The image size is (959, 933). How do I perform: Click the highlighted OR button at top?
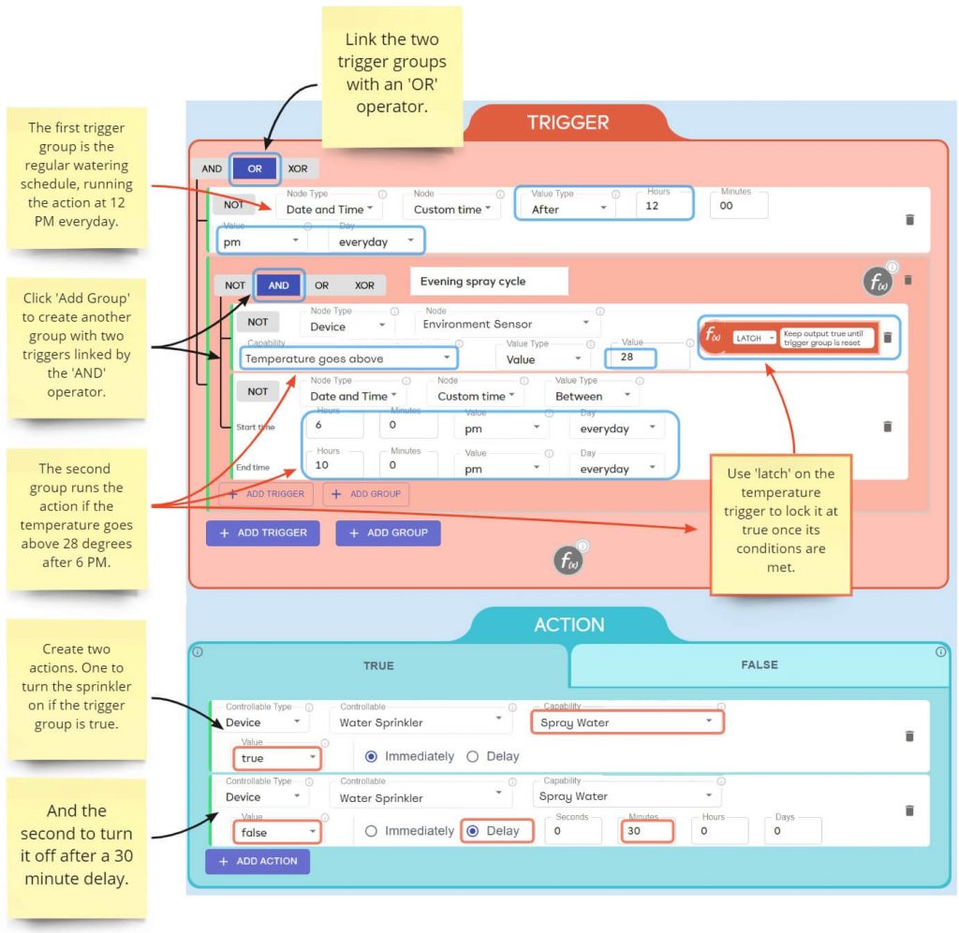coord(255,169)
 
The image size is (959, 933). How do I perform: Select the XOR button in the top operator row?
coord(299,169)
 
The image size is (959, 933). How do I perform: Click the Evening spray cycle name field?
coord(489,282)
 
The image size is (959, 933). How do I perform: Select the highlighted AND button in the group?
coord(278,285)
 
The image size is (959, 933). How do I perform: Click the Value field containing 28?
coord(629,357)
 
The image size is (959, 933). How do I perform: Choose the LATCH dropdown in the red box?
coord(755,338)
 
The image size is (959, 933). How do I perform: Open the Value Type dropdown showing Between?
coord(591,396)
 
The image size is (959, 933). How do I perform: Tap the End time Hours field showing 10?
coord(333,464)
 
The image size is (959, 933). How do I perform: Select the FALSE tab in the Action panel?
coord(759,665)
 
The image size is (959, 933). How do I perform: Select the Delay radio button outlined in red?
coord(496,831)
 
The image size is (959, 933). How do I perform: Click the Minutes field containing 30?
coord(645,831)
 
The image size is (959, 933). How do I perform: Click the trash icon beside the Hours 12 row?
coord(909,219)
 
